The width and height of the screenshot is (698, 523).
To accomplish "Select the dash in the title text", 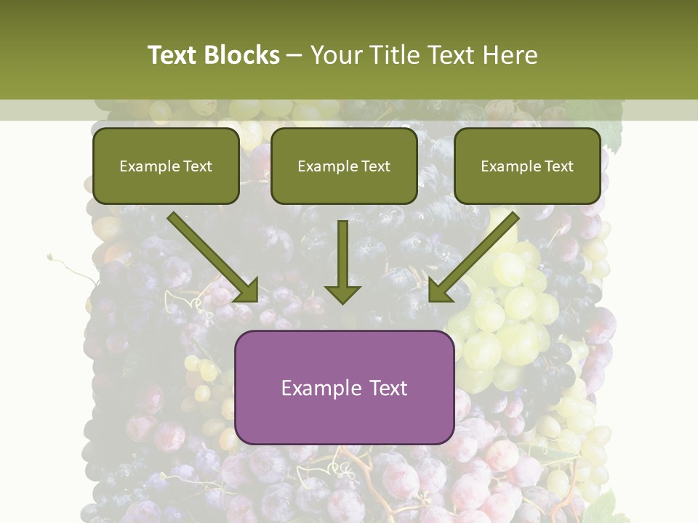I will (295, 56).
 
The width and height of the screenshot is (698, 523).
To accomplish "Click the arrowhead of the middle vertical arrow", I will (342, 294).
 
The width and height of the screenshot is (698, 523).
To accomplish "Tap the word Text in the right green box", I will (559, 166).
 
